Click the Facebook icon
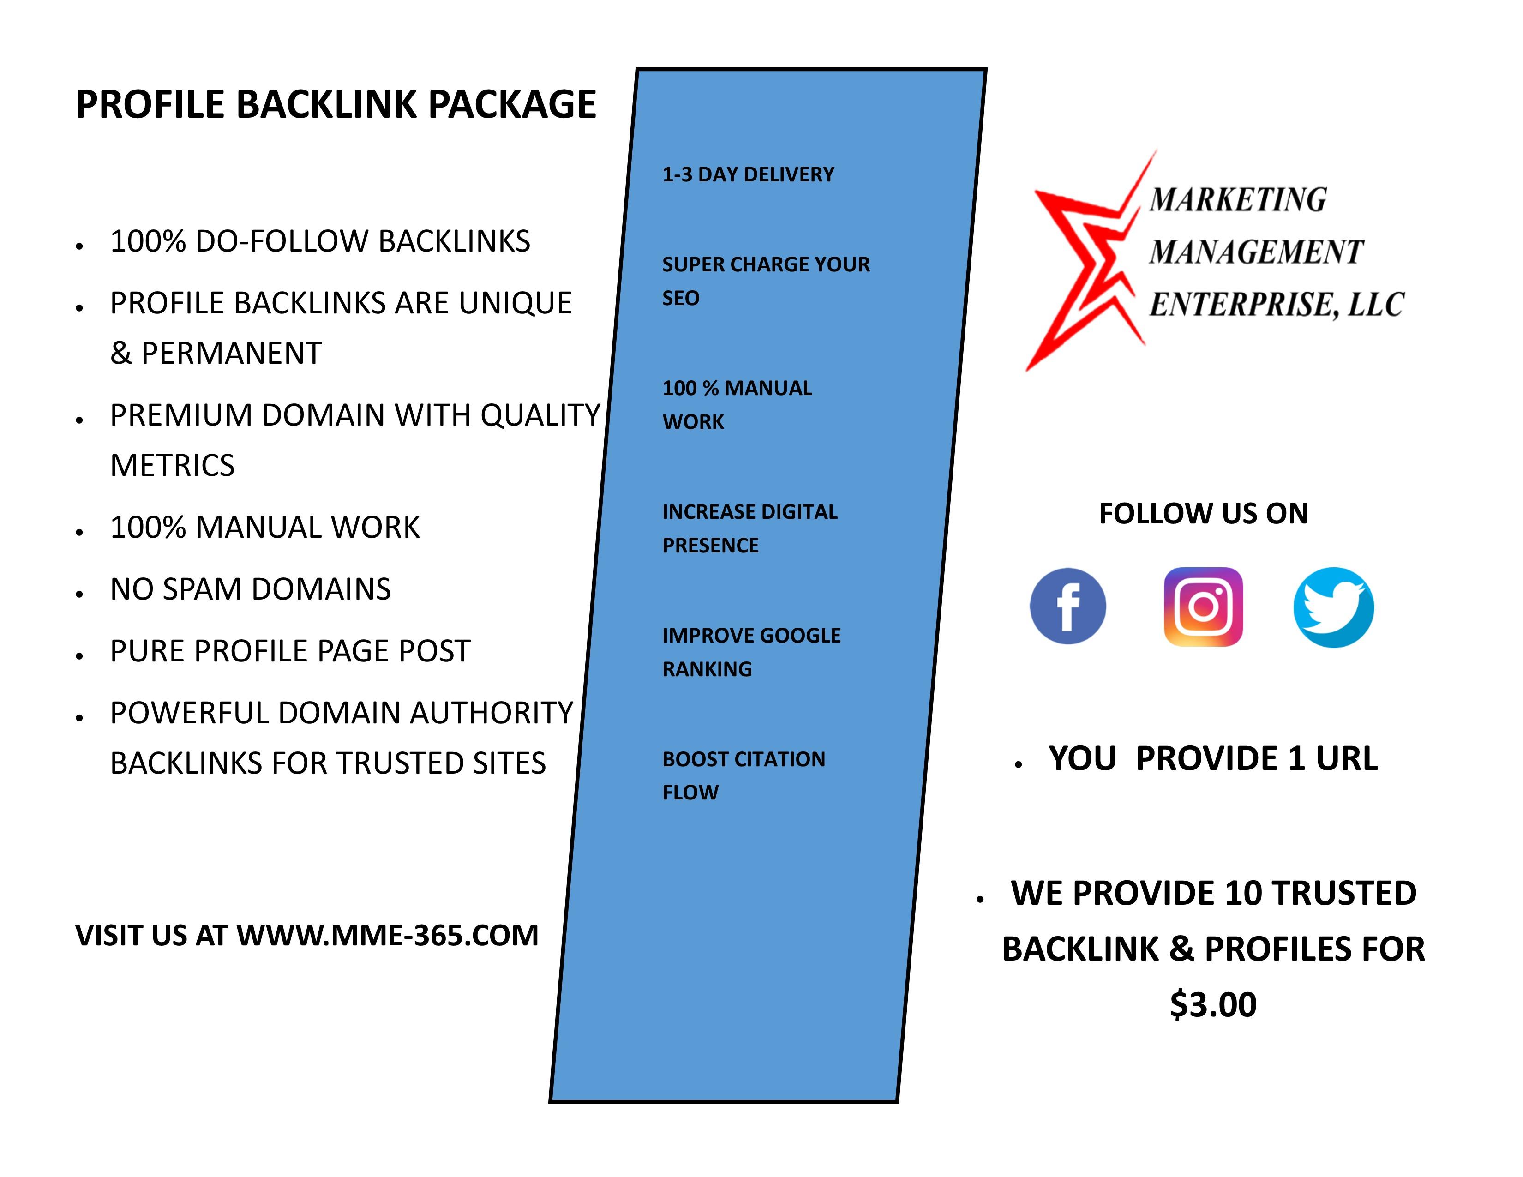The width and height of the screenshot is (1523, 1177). point(1067,606)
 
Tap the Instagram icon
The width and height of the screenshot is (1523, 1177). point(1203,607)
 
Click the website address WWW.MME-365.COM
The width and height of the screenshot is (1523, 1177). point(388,935)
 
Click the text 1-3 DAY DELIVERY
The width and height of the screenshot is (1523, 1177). point(748,174)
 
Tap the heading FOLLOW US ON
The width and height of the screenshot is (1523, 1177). point(1203,513)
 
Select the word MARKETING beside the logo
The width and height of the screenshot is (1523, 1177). point(1238,199)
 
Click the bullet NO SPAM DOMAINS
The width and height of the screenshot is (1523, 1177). point(250,589)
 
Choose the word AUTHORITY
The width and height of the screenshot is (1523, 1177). point(491,713)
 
